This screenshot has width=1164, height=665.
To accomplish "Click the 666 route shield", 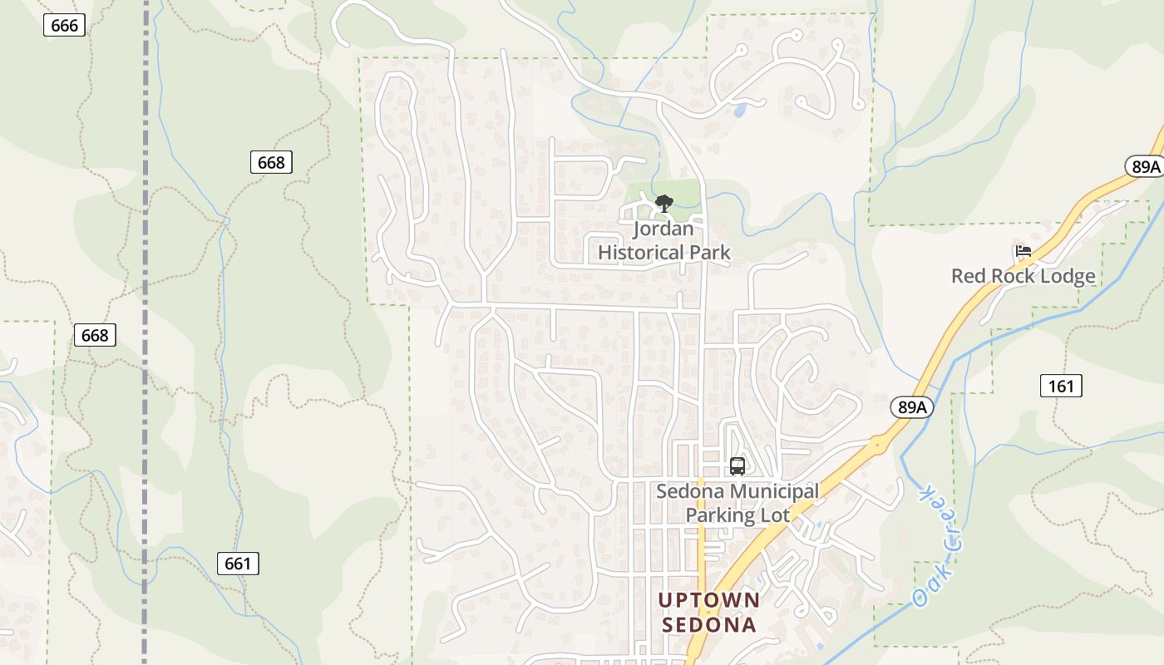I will pyautogui.click(x=64, y=25).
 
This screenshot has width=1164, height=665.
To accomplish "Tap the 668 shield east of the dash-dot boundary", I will pyautogui.click(x=271, y=162).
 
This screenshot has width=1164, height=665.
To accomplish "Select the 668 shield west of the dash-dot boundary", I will pyautogui.click(x=95, y=335).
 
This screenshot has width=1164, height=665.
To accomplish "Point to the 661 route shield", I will pyautogui.click(x=238, y=564).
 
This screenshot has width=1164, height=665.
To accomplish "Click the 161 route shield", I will pyautogui.click(x=1061, y=385).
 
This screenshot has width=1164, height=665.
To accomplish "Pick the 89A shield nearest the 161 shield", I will pyautogui.click(x=912, y=406).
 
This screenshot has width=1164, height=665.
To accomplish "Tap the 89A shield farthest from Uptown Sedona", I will pyautogui.click(x=1145, y=166).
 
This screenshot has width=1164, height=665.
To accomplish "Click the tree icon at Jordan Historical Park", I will pyautogui.click(x=663, y=203).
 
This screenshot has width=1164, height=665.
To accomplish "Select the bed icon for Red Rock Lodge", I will pyautogui.click(x=1023, y=250).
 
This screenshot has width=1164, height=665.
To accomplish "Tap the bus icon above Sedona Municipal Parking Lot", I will pyautogui.click(x=737, y=465).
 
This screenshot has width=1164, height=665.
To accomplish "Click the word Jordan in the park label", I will pyautogui.click(x=663, y=229).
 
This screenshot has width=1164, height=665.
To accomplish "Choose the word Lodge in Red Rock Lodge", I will pyautogui.click(x=1066, y=276).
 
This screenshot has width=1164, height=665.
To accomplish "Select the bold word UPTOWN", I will pyautogui.click(x=708, y=600).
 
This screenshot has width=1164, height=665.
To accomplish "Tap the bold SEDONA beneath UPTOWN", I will pyautogui.click(x=708, y=624).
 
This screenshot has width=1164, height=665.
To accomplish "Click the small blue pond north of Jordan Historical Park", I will pyautogui.click(x=738, y=110).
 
